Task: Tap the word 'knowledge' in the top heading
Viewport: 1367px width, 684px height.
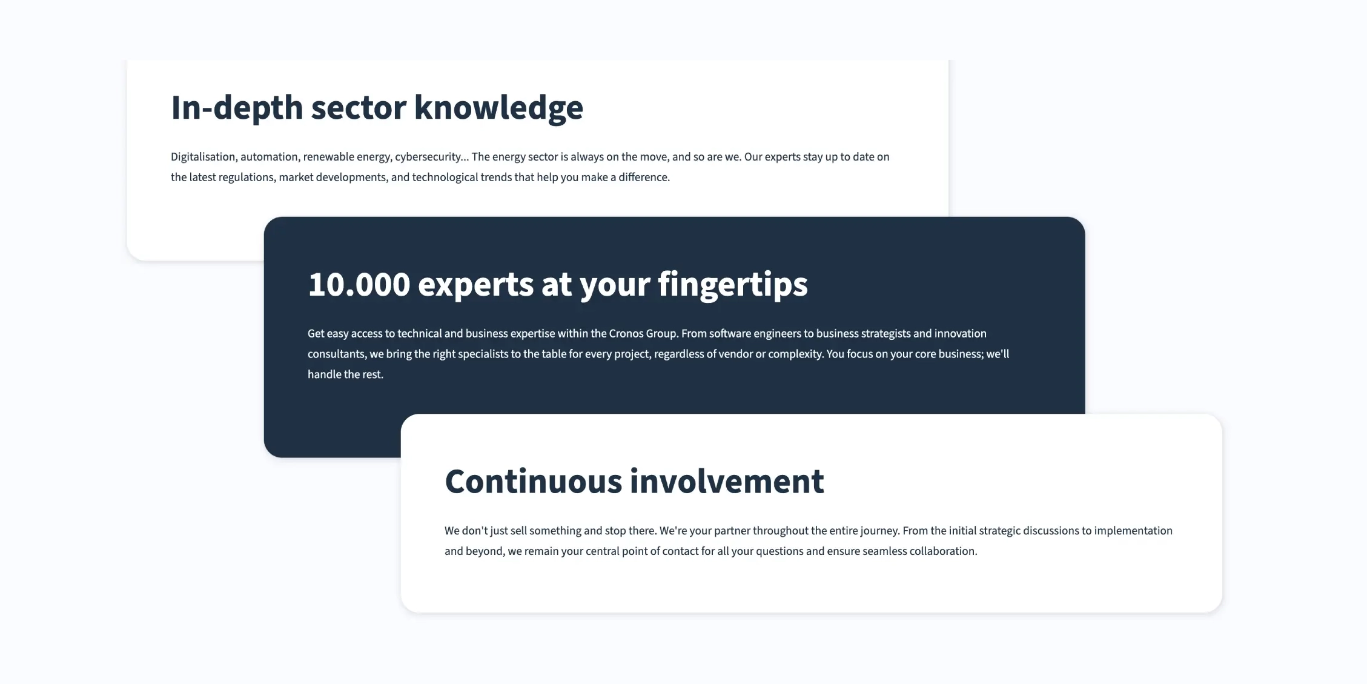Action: pos(498,108)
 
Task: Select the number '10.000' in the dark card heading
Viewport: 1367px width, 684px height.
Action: pos(359,284)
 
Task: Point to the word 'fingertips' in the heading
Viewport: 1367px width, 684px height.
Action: pos(732,284)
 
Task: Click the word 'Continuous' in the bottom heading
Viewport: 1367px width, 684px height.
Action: pos(534,482)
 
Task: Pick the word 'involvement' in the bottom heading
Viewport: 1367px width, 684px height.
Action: pos(727,482)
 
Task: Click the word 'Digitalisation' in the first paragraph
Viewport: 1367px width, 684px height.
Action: pos(203,157)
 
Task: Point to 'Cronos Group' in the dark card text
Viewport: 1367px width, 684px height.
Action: pos(643,334)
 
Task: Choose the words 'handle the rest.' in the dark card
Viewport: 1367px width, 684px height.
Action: pos(345,374)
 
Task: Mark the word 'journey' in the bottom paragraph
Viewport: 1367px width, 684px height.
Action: pos(879,531)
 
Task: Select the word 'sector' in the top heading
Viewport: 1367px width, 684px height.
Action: pos(359,108)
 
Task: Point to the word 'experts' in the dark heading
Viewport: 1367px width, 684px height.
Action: pos(475,284)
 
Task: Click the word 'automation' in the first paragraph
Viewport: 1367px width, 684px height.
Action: pos(269,157)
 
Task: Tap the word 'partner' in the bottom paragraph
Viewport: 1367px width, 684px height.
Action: pos(732,531)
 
